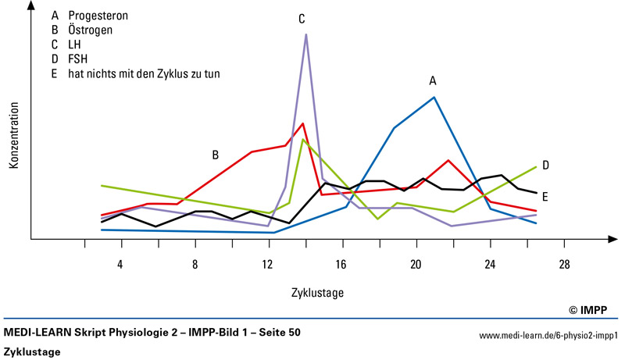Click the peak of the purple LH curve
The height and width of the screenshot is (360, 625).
305,35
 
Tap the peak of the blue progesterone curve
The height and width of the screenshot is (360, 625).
434,98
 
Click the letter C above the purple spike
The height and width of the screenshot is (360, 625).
302,18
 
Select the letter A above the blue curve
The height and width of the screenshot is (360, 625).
432,80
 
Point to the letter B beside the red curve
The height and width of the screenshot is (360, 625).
215,155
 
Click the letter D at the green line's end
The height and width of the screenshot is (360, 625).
545,165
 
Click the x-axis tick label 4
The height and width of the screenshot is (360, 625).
120,265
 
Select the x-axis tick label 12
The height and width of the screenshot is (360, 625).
267,265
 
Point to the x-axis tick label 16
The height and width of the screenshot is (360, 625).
341,265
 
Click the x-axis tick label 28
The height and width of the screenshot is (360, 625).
564,265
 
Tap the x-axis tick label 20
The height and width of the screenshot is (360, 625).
416,265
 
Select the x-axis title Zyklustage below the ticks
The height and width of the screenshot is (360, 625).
317,294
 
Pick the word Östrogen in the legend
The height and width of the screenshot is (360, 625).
89,30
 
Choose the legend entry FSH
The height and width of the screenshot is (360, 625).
77,59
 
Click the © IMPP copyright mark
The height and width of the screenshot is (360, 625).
595,310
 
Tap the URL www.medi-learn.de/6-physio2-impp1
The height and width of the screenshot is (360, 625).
548,335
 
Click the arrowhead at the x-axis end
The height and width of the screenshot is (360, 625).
611,239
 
